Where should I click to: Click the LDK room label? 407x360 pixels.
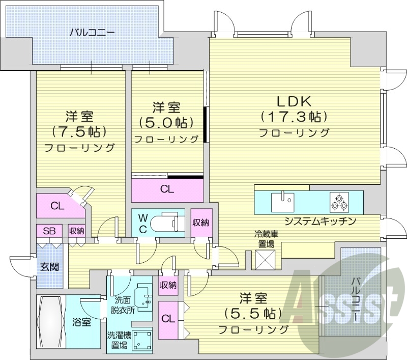click(294, 100)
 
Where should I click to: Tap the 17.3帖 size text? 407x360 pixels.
click(294, 117)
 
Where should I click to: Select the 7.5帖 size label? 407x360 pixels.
click(79, 131)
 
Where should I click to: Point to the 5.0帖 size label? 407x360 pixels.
click(166, 123)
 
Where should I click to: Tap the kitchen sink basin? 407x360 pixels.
click(281, 201)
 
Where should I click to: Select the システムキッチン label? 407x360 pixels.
click(319, 221)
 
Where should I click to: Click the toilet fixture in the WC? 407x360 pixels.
click(169, 223)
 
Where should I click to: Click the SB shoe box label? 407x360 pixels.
click(49, 231)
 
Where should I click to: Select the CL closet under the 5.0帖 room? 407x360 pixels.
click(167, 189)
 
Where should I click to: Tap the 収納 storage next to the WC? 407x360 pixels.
click(200, 223)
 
